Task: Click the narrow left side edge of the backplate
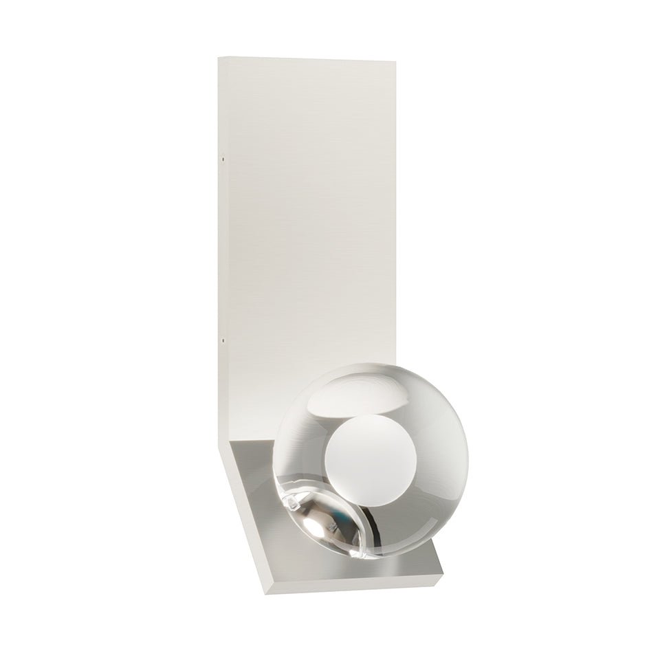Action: (x=223, y=241)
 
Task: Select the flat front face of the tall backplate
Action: (x=309, y=206)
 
